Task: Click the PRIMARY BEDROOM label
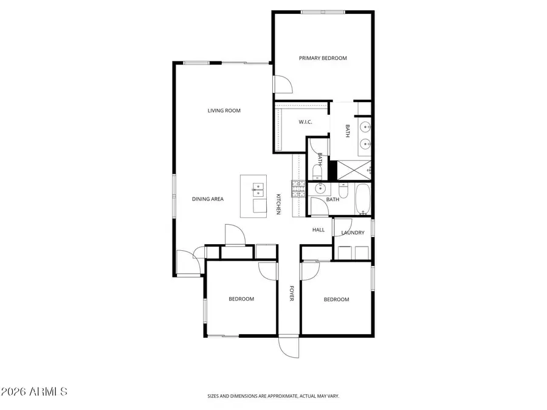pyautogui.click(x=323, y=58)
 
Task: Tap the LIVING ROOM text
pyautogui.click(x=224, y=111)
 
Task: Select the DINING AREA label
pyautogui.click(x=208, y=199)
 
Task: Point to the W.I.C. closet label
pyautogui.click(x=305, y=122)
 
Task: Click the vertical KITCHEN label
pyautogui.click(x=278, y=204)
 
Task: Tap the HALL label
pyautogui.click(x=318, y=230)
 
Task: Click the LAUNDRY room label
pyautogui.click(x=353, y=233)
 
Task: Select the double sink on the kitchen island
pyautogui.click(x=258, y=194)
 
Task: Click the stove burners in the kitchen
pyautogui.click(x=298, y=190)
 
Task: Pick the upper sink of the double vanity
pyautogui.click(x=365, y=128)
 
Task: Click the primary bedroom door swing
pyautogui.click(x=282, y=83)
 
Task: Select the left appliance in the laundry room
pyautogui.click(x=344, y=252)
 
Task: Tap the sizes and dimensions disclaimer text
pyautogui.click(x=273, y=396)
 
